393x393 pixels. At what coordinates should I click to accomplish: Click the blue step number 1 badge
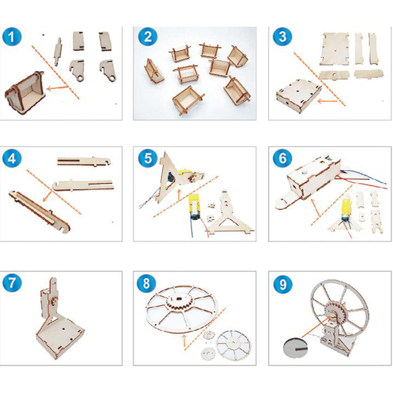12,37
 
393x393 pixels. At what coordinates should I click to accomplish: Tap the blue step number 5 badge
148,158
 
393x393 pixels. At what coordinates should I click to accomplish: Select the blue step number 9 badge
282,284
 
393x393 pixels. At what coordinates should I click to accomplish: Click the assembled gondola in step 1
25,92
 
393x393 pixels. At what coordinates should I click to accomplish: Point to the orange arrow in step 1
57,88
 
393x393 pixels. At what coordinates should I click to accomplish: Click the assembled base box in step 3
299,96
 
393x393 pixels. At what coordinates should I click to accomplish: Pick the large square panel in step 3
336,48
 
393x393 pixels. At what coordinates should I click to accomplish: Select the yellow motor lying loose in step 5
196,207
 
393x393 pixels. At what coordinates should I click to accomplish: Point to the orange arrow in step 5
179,195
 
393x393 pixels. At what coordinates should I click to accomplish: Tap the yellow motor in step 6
345,208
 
